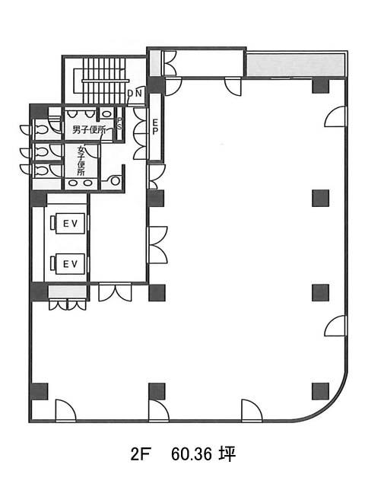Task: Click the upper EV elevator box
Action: click(x=70, y=223)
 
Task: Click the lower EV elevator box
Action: click(x=70, y=264)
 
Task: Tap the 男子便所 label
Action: click(x=89, y=130)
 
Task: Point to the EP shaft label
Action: click(x=155, y=127)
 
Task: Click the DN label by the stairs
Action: click(x=135, y=93)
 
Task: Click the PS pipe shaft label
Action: click(x=119, y=124)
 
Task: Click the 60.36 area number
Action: click(x=191, y=455)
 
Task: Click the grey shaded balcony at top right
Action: click(x=295, y=65)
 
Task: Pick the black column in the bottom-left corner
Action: click(x=40, y=391)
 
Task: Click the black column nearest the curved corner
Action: click(x=320, y=391)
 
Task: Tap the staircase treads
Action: click(x=104, y=81)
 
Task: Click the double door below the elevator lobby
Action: click(x=115, y=292)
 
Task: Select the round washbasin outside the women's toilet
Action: click(x=115, y=181)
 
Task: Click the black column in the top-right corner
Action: click(x=320, y=86)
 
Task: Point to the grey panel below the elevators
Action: click(x=67, y=292)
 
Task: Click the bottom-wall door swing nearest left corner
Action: click(x=65, y=410)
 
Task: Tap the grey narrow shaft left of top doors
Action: click(x=155, y=62)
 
